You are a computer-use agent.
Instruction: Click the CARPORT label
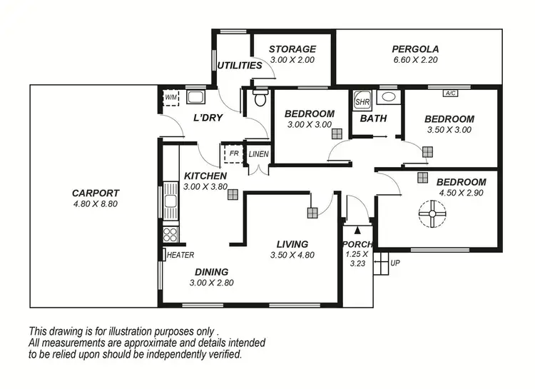(95, 193)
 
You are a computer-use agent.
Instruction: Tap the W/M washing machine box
(171, 98)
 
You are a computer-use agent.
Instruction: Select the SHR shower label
(362, 102)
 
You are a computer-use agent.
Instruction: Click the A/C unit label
(450, 93)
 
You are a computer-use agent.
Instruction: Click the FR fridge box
(233, 154)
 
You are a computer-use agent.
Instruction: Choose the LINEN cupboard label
(258, 154)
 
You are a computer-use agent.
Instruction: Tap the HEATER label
(180, 255)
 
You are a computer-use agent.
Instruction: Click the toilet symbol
(260, 98)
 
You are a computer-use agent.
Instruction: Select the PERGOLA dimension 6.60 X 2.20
(416, 61)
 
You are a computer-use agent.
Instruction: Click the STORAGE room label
(292, 49)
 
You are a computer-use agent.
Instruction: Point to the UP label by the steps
(395, 263)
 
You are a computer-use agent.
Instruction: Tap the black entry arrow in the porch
(358, 227)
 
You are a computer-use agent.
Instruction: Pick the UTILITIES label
(240, 65)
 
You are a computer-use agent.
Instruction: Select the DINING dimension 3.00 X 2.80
(212, 283)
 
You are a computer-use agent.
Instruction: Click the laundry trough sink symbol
(196, 98)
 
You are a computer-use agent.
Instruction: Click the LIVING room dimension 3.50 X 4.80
(292, 256)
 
